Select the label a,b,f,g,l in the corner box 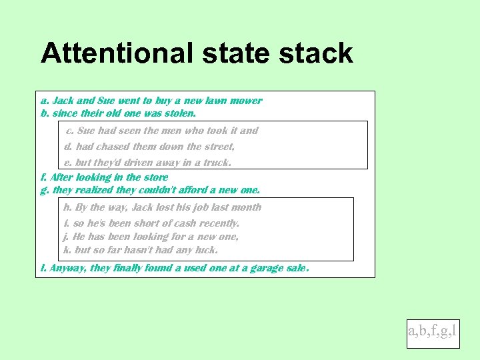pos(433,330)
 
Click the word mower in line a pos(246,101)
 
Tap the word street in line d pos(219,147)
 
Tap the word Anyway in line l pos(67,269)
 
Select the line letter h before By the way pos(67,207)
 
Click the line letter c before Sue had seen pos(69,131)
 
